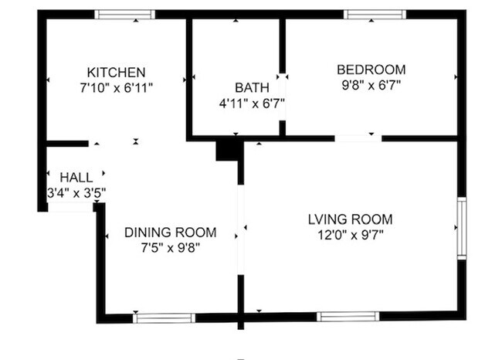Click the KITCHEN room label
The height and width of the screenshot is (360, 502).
(x=116, y=72)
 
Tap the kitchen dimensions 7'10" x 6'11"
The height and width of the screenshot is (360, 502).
(x=116, y=87)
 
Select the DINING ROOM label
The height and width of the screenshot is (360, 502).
(x=170, y=232)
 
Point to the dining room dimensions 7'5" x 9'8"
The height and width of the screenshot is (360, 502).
(x=170, y=247)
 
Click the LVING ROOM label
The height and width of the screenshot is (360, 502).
(x=350, y=219)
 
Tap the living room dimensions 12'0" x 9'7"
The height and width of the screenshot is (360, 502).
(x=350, y=234)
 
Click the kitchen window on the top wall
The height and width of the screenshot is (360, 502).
(x=124, y=14)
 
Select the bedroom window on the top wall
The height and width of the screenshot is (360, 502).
(x=375, y=14)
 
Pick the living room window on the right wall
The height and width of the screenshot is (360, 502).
(x=461, y=229)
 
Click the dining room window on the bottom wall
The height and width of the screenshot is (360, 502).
(x=164, y=318)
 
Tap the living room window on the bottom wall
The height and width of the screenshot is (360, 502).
(x=348, y=316)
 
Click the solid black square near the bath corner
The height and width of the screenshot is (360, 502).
(x=228, y=149)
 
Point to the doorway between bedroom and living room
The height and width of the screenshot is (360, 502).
(x=358, y=138)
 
